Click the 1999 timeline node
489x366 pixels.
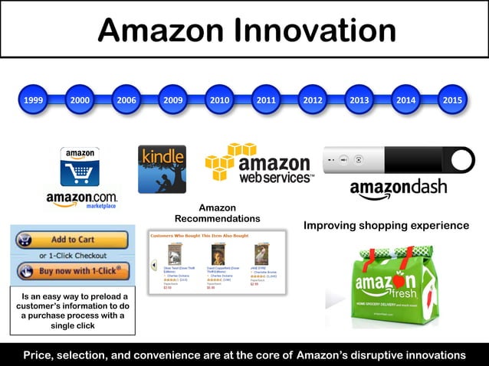click(33, 100)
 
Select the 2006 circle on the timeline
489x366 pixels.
click(126, 100)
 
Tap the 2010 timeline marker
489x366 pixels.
click(220, 100)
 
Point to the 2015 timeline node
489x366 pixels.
click(453, 100)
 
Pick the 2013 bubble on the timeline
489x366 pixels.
click(359, 100)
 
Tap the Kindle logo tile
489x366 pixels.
click(162, 169)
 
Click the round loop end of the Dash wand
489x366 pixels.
click(463, 161)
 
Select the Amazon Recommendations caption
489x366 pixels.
click(217, 213)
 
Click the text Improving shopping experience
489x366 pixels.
click(386, 226)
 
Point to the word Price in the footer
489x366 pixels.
click(41, 355)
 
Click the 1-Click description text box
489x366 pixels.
click(73, 311)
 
